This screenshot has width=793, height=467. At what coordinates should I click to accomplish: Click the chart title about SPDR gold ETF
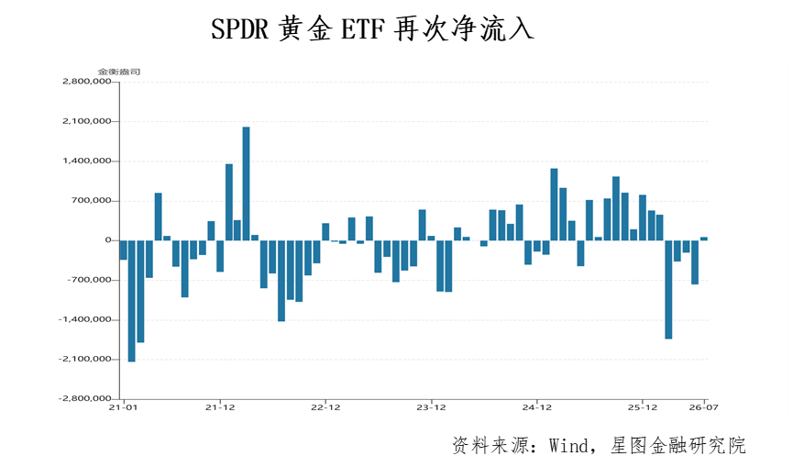click(372, 28)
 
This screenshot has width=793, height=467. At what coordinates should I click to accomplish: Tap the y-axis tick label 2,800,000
click(86, 82)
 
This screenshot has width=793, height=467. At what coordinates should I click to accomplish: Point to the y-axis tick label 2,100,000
click(86, 121)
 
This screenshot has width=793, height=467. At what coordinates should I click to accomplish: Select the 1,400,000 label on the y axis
click(86, 161)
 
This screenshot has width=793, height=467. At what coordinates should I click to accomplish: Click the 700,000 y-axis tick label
click(91, 200)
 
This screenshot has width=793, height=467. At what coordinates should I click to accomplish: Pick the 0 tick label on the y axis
click(108, 239)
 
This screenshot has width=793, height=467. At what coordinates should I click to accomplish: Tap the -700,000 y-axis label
click(89, 280)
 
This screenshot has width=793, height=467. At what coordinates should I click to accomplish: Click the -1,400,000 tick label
click(84, 319)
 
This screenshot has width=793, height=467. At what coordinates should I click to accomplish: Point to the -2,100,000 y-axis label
click(84, 359)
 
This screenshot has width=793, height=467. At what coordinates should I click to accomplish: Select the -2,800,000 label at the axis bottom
click(84, 398)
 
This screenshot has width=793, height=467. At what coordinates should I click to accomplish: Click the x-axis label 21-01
click(123, 406)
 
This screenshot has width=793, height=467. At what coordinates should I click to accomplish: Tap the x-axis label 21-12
click(220, 406)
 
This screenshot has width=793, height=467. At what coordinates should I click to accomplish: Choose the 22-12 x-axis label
click(325, 406)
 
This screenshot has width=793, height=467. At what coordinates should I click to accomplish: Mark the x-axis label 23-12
click(431, 406)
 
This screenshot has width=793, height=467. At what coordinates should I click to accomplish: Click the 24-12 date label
click(536, 406)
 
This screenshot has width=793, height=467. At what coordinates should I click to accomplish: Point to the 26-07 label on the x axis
click(703, 406)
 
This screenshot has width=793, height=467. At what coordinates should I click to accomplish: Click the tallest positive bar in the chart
click(247, 183)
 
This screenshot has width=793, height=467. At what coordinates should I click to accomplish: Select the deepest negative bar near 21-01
click(131, 301)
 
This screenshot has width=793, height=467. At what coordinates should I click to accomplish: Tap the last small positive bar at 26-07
click(704, 239)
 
